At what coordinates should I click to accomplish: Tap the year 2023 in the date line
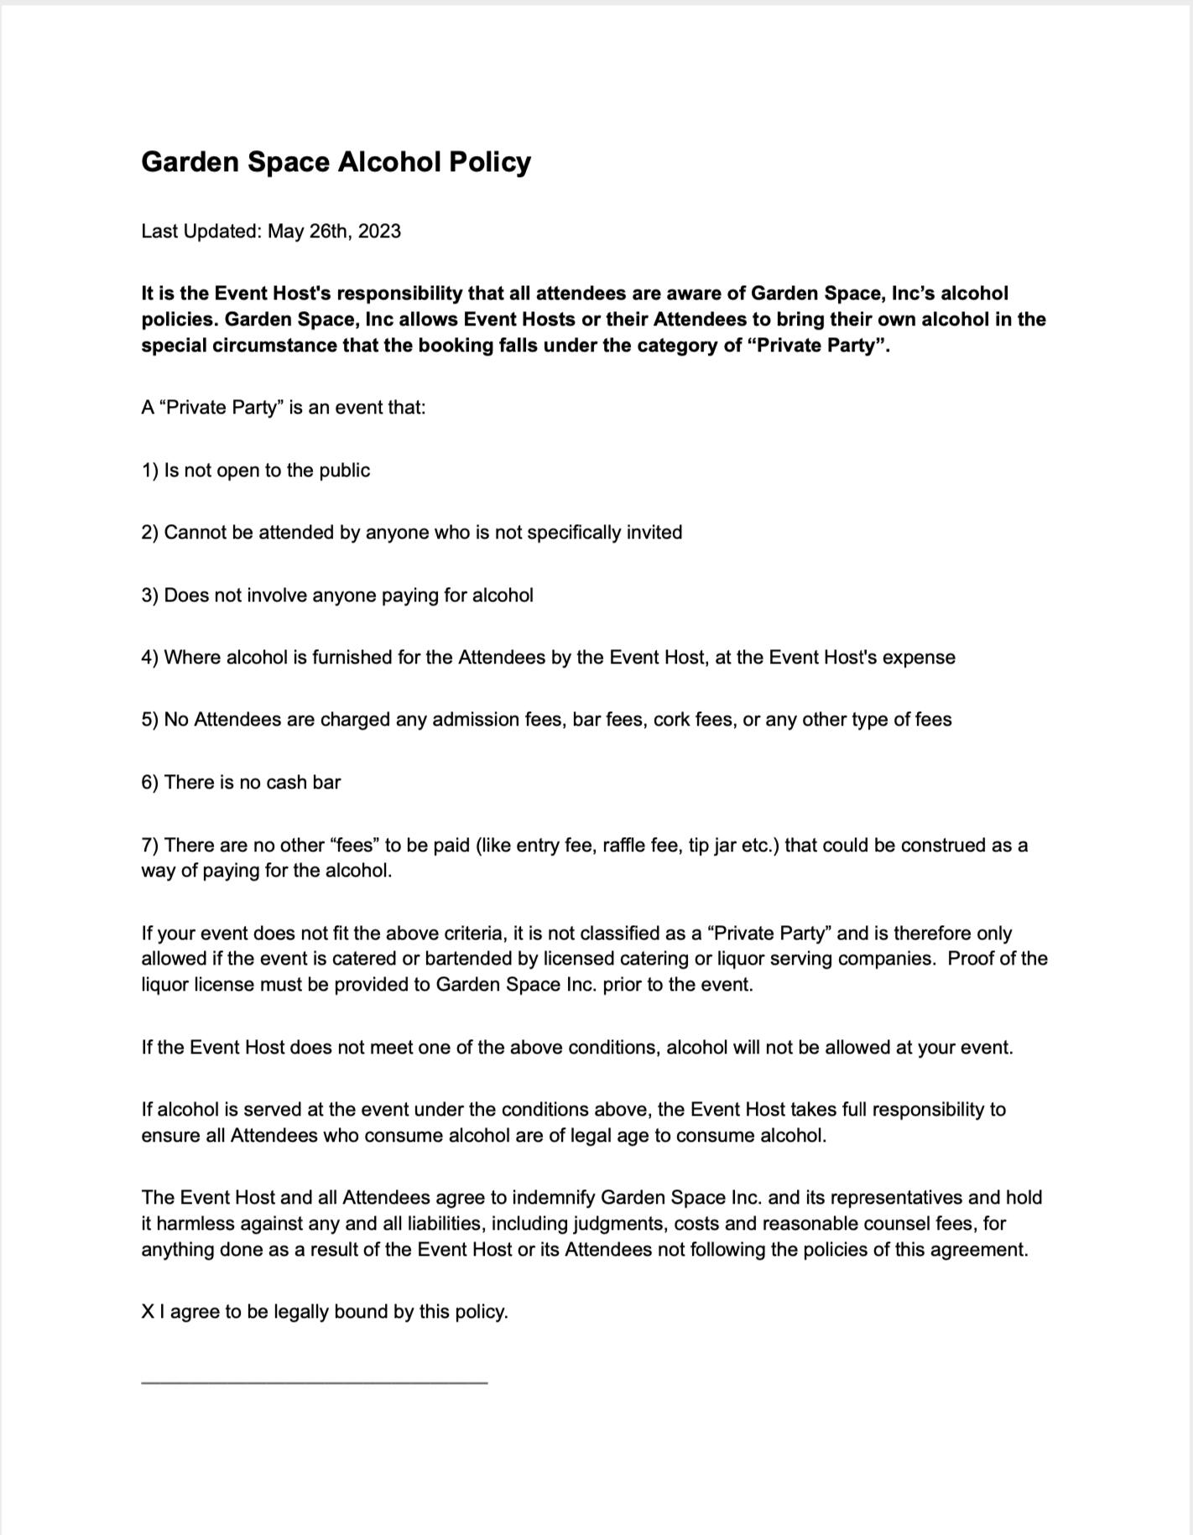click(379, 232)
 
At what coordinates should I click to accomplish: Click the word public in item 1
click(344, 471)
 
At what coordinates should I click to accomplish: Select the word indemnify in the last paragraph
click(554, 1198)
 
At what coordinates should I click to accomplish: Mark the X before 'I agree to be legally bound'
click(148, 1312)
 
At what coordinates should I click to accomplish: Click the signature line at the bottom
click(314, 1381)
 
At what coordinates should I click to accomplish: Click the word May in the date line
click(285, 232)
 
